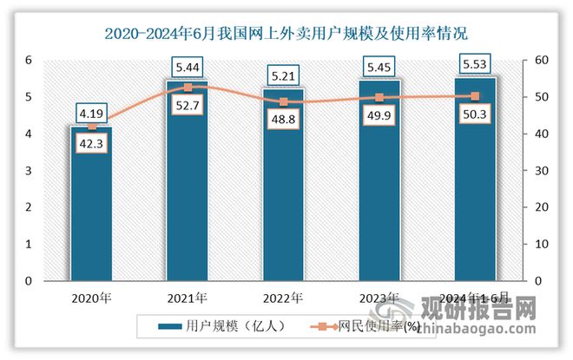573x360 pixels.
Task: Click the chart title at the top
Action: (286, 35)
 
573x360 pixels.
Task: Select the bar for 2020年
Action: (92, 208)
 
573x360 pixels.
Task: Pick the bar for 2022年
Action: (283, 187)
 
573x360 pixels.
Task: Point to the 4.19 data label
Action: (92, 112)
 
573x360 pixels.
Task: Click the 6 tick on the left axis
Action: (29, 60)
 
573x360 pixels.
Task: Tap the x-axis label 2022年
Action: (283, 298)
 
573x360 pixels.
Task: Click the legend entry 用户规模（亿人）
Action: (217, 326)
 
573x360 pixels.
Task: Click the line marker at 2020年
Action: (92, 127)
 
